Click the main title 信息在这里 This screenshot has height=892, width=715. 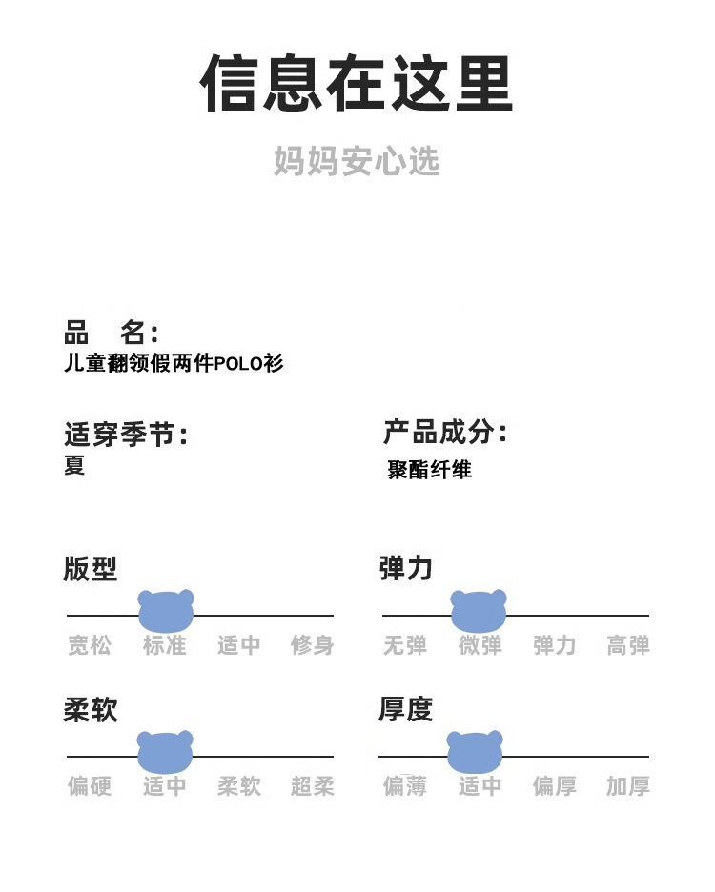tap(357, 84)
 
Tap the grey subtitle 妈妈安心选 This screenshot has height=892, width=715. tap(357, 161)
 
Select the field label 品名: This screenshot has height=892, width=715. tap(111, 333)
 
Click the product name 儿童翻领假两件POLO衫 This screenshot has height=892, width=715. tap(174, 363)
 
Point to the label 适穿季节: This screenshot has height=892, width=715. tap(126, 436)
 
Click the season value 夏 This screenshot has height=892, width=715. tap(74, 465)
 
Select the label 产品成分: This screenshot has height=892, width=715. tap(445, 433)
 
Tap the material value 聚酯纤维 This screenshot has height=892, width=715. tap(430, 469)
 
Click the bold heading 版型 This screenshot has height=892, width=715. tap(90, 569)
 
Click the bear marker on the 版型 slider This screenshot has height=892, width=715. tap(166, 611)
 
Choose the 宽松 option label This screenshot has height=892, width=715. tap(90, 645)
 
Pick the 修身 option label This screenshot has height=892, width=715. tap(313, 645)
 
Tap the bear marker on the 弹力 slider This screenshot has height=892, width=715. tap(479, 611)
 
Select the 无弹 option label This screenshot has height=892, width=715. tap(405, 645)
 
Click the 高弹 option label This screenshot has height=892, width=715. tap(628, 645)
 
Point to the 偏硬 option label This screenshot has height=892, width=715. tap(90, 786)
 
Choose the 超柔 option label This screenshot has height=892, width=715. tap(313, 786)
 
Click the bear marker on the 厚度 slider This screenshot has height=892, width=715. tap(475, 752)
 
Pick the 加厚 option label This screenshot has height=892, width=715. tap(628, 786)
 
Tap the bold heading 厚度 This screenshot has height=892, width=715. tap(405, 709)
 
